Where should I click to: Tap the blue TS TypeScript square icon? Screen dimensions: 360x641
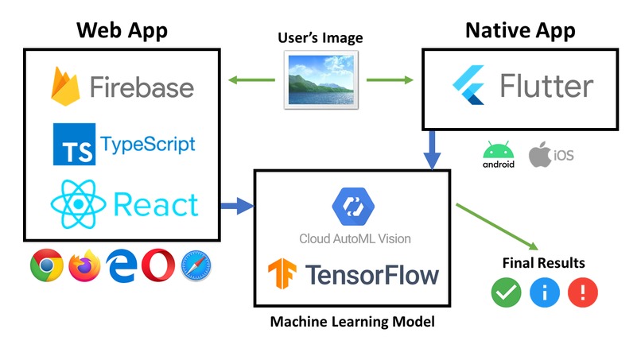[x=74, y=144]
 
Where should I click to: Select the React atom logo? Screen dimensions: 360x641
[x=77, y=205]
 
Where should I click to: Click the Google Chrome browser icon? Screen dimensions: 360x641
[x=47, y=265]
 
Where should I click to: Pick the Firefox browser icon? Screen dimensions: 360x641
[x=85, y=265]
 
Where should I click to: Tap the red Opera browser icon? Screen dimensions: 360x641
[x=157, y=265]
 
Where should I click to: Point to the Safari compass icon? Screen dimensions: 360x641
[x=196, y=265]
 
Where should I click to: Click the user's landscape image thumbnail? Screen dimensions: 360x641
[x=321, y=79]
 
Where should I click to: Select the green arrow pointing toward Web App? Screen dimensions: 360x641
[x=251, y=79]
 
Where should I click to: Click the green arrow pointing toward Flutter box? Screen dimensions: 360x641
[x=390, y=79]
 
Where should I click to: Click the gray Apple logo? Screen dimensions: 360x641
[x=541, y=153]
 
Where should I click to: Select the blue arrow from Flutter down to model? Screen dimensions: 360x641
[x=433, y=150]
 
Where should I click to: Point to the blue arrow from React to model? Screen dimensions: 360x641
[x=236, y=208]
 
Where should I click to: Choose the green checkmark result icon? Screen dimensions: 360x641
[x=506, y=292]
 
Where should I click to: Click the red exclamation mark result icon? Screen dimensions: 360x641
[x=582, y=292]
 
